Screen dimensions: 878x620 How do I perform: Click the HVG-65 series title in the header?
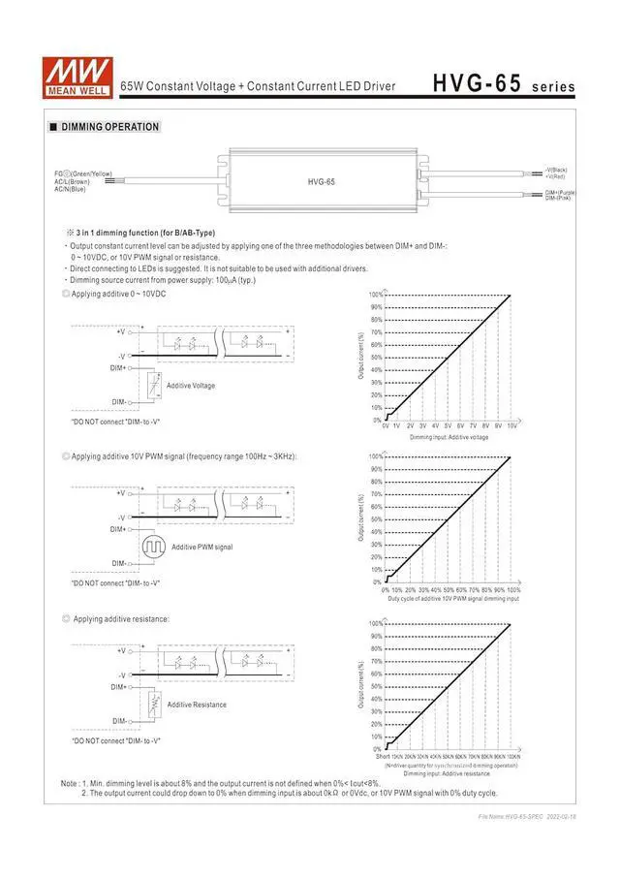pyautogui.click(x=504, y=84)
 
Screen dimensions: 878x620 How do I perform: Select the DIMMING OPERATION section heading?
pyautogui.click(x=109, y=127)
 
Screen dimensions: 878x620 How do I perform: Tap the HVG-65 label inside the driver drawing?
pyautogui.click(x=321, y=181)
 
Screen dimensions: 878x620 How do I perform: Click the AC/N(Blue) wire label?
pyautogui.click(x=71, y=189)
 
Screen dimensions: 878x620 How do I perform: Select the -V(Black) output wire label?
pyautogui.click(x=556, y=170)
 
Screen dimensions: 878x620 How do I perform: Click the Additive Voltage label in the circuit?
pyautogui.click(x=191, y=386)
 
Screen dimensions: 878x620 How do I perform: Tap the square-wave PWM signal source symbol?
pyautogui.click(x=153, y=548)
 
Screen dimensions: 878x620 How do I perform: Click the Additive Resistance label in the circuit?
pyautogui.click(x=197, y=705)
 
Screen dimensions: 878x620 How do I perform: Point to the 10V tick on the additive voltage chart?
pyautogui.click(x=511, y=425)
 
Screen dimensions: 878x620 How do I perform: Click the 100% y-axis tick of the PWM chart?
pyautogui.click(x=375, y=456)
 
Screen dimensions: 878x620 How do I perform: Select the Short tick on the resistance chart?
pyautogui.click(x=383, y=756)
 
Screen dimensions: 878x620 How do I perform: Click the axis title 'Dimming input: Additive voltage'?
pyautogui.click(x=448, y=437)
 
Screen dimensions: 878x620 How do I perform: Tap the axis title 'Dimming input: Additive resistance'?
pyautogui.click(x=447, y=773)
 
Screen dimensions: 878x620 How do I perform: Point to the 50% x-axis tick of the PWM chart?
pyautogui.click(x=449, y=589)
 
